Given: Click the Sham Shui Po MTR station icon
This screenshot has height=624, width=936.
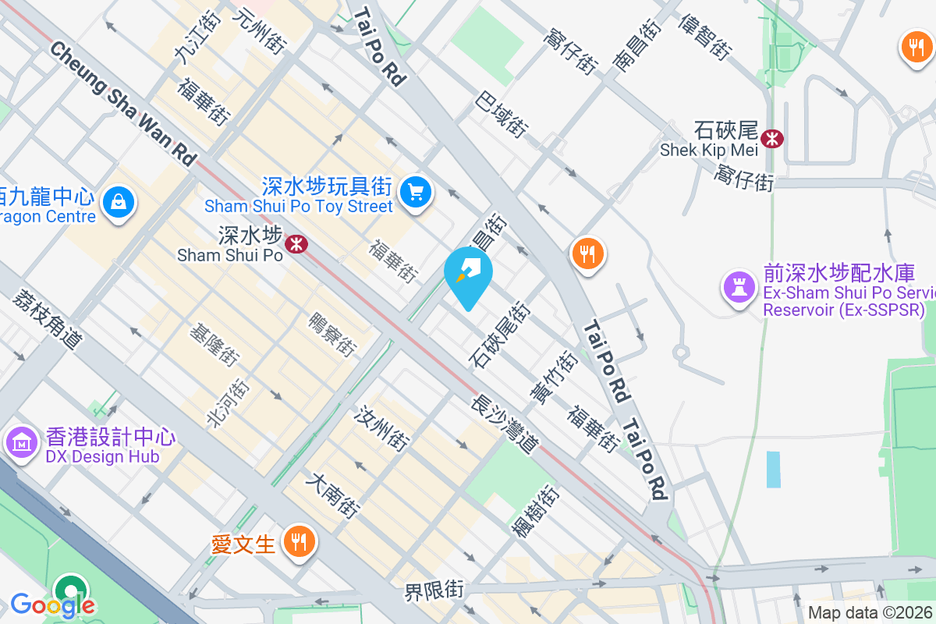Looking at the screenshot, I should (x=296, y=244).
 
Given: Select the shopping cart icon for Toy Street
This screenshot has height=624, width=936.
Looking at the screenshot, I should (x=415, y=191).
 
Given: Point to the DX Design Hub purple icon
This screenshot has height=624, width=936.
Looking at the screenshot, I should (x=21, y=442).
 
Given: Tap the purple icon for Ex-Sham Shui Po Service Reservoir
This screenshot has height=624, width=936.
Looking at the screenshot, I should (x=739, y=286).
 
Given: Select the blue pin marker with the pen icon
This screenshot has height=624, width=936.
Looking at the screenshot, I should (x=468, y=273).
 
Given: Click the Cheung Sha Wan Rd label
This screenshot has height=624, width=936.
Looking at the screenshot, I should (x=123, y=102).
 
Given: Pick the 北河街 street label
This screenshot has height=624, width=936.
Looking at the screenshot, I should (x=228, y=402).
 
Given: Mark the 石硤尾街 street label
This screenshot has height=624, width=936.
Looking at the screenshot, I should (x=500, y=335).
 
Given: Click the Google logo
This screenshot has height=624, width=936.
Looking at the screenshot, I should (x=52, y=604).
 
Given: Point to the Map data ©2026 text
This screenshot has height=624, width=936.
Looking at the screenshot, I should (x=870, y=613).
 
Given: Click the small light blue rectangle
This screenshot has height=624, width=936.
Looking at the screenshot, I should (x=773, y=470).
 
